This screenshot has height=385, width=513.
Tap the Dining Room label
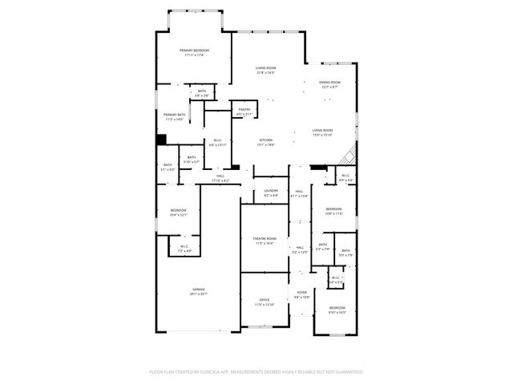point(330,82)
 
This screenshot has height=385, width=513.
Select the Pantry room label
point(244,110)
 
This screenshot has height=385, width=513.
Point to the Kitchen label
point(265,140)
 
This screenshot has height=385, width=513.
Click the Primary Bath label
point(175,115)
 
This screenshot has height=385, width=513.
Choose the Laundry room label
point(271,190)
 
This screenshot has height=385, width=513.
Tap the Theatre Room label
point(265,238)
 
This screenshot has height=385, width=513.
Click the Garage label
point(198,290)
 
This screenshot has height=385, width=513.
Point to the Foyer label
point(301,293)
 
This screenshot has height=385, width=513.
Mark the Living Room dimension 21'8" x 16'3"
point(265,73)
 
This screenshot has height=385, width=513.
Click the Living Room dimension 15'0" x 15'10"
point(322,135)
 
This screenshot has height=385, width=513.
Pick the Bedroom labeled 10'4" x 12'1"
point(178,214)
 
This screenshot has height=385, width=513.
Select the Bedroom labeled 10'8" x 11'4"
point(333,213)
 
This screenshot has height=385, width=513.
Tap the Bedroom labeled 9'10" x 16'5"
point(337,312)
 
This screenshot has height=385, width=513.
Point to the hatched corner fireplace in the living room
point(349,154)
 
